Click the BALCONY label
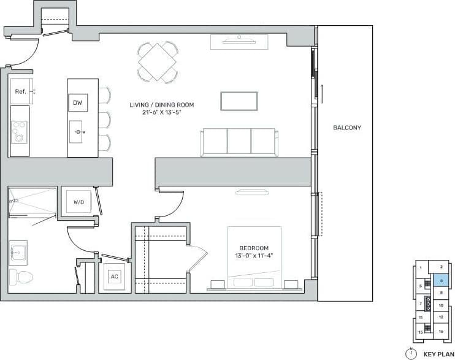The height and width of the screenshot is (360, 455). (x=347, y=128)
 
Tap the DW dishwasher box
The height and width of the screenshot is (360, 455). (x=77, y=102)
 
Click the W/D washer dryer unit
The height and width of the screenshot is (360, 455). (x=78, y=201)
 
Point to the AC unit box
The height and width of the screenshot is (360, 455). (x=114, y=277)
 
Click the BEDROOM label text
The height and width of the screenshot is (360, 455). (x=254, y=248)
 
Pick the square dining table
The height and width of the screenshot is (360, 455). (x=158, y=61)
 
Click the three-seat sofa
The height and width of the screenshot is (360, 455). (x=239, y=141)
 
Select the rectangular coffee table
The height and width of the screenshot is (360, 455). (x=239, y=101)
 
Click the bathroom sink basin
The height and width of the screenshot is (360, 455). (x=18, y=252)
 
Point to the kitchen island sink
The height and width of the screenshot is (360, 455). (x=78, y=132)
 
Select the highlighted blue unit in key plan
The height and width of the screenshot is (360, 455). (x=441, y=280)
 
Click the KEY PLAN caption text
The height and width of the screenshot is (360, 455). (x=437, y=354)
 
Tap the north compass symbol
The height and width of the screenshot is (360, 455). (x=411, y=353)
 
